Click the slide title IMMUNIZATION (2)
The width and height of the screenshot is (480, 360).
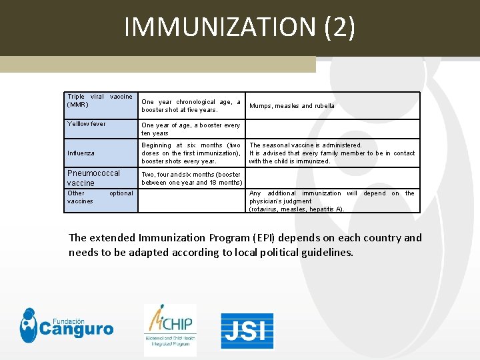[239, 27]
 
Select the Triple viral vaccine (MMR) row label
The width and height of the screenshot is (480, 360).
[100, 101]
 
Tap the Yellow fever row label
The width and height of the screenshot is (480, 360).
[87, 124]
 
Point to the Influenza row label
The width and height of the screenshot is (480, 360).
[81, 153]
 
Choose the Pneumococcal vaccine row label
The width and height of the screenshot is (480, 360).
[94, 178]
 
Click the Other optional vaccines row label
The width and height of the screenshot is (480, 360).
[100, 197]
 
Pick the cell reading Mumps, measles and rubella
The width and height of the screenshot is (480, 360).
[292, 106]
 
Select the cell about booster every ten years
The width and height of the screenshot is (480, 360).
[191, 129]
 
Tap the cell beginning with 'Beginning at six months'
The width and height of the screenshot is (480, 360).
[191, 153]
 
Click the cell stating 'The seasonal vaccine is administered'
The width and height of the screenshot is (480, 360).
[332, 153]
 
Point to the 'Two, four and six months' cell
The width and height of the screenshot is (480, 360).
[191, 179]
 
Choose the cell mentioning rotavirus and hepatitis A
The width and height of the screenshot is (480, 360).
[332, 201]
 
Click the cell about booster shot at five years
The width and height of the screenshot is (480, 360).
[191, 106]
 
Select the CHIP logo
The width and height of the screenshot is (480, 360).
[170, 329]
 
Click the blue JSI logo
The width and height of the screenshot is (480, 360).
[247, 331]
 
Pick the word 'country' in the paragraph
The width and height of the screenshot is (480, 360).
[378, 238]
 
